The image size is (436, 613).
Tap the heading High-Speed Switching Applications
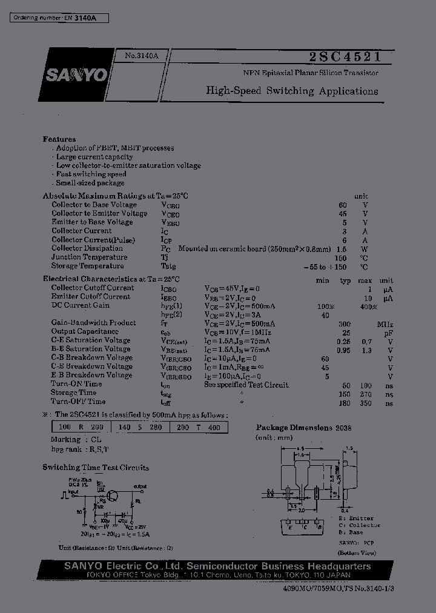[292, 91]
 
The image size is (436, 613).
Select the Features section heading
[59, 139]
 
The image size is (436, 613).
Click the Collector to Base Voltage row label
[96, 205]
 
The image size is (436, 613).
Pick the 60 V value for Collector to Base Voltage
[343, 205]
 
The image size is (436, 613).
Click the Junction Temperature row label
[89, 257]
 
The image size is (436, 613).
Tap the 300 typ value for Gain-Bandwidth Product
[345, 323]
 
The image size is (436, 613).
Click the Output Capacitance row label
[85, 331]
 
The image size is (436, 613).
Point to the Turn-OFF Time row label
[78, 402]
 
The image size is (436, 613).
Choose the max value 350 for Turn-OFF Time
[365, 403]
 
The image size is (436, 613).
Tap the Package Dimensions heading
[294, 428]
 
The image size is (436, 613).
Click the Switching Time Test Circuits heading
[96, 468]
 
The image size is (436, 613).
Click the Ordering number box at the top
[59, 19]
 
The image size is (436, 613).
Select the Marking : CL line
[76, 440]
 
